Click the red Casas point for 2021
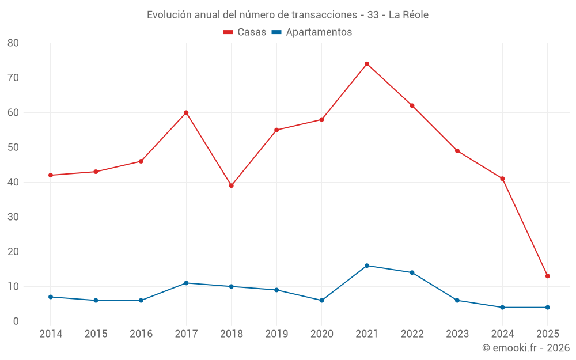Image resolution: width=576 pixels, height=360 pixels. point(367,64)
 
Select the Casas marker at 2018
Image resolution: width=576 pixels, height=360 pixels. point(231,185)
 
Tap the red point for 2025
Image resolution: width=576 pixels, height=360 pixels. point(548,276)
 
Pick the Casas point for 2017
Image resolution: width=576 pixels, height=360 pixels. point(186,112)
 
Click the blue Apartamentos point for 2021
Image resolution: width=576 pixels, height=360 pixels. point(367,266)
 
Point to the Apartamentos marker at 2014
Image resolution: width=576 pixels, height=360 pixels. point(51,297)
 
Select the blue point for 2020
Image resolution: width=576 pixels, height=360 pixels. point(321,300)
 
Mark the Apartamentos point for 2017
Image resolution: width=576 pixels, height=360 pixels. point(186,283)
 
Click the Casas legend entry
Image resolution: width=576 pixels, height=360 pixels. point(245,32)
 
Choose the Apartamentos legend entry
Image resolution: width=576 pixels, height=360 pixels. point(311,32)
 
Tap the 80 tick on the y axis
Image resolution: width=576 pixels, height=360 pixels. point(13,43)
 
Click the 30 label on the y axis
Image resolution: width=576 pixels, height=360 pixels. point(13,217)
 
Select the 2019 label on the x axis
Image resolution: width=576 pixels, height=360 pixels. point(276,334)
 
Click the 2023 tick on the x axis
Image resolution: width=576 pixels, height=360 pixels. point(457,334)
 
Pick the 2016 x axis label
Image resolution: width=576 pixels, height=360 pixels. point(141,334)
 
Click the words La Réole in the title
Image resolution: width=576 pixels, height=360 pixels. point(408,15)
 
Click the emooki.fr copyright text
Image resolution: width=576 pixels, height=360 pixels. point(526,348)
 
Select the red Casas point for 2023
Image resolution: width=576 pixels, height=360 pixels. point(457,151)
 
